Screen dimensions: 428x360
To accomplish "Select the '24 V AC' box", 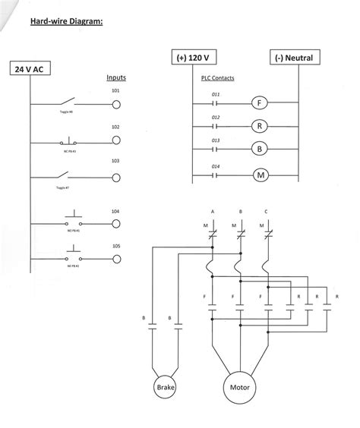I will [31, 69].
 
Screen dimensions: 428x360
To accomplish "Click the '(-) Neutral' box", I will [298, 58].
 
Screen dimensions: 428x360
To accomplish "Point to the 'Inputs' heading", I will [116, 77].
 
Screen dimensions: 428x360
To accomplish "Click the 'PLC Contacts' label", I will [217, 77].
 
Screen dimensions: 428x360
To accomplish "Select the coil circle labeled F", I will [258, 102].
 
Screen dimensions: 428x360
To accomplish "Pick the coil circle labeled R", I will [258, 126].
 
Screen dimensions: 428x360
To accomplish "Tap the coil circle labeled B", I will [258, 149].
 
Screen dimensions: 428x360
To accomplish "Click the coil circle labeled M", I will [258, 174].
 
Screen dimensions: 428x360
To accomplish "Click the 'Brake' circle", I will [166, 388].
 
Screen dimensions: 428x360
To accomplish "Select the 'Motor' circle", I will [239, 388].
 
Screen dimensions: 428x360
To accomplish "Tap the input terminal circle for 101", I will [116, 105].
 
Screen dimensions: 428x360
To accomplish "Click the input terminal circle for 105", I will [116, 259].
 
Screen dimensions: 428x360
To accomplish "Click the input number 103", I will [115, 162].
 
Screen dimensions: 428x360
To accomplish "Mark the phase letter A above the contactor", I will [213, 210].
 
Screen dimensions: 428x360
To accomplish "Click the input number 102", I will [115, 127].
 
